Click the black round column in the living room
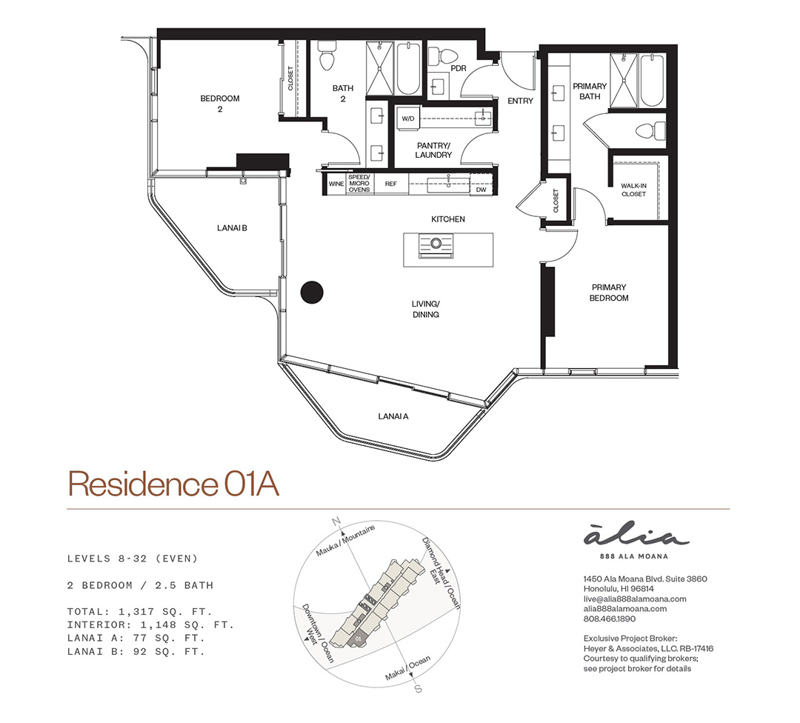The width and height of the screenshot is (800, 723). [312, 293]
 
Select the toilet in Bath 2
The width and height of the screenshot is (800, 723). [327, 55]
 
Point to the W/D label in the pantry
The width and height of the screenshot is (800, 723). [408, 119]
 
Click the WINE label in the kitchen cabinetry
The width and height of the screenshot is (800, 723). [336, 184]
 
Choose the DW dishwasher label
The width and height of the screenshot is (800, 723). [481, 190]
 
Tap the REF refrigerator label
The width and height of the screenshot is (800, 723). [391, 184]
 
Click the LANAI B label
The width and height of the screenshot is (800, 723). [232, 227]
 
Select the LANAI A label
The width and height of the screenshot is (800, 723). [393, 416]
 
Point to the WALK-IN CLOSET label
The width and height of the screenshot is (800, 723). [633, 190]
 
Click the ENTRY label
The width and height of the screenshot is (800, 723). [520, 101]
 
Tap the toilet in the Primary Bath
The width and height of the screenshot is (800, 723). [650, 130]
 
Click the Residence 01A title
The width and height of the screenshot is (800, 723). [173, 484]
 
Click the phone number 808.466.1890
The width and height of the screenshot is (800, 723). [609, 619]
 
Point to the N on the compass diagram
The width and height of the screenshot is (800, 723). [336, 522]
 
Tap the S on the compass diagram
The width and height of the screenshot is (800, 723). [418, 689]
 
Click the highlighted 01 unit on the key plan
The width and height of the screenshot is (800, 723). [358, 639]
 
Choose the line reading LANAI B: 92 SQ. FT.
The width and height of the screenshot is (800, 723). [136, 652]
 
